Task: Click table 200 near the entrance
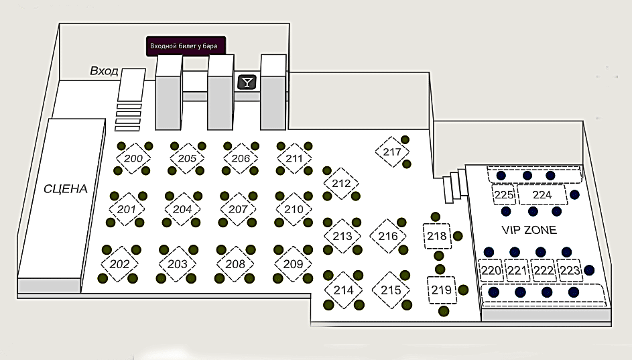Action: coord(133,159)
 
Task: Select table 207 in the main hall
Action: coord(239,209)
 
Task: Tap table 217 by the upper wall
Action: coord(392,152)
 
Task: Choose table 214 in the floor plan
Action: coord(343,290)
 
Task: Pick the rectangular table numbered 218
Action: coord(437,236)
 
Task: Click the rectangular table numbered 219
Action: coord(441,290)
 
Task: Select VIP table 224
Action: coord(542,195)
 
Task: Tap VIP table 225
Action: coord(504,195)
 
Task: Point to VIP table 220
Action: coord(491,271)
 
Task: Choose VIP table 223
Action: coord(569,271)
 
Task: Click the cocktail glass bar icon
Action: coord(247,82)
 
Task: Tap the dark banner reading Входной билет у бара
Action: coord(186,46)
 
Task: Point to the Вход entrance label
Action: coord(105,71)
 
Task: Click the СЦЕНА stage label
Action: coord(66,189)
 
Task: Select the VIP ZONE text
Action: coord(529,230)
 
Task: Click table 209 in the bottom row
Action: coord(294,263)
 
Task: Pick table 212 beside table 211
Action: coord(342,183)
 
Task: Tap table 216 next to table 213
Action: coord(388,236)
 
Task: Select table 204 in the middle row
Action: coord(182,209)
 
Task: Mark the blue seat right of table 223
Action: coord(589,270)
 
